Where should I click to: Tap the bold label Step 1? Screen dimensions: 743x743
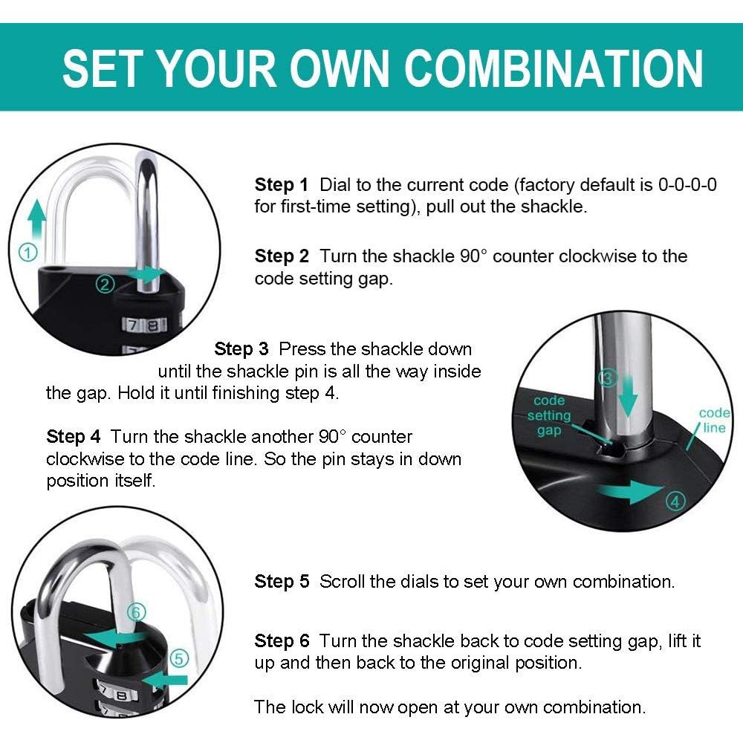tap(281, 185)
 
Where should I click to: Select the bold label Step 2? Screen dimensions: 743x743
tap(281, 257)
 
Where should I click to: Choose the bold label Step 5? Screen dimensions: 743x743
tap(281, 582)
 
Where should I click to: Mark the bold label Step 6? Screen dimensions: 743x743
tap(281, 641)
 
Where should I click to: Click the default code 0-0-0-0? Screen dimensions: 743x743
tap(687, 185)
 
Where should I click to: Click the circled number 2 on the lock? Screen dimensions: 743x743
tap(105, 283)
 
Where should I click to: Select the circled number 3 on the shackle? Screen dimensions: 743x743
tap(608, 378)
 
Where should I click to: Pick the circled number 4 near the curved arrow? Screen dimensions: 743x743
tap(675, 502)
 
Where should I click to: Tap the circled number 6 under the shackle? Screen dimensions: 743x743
tap(135, 613)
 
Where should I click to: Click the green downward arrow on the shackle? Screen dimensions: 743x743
tap(629, 397)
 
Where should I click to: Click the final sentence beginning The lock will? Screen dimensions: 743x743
tap(450, 707)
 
